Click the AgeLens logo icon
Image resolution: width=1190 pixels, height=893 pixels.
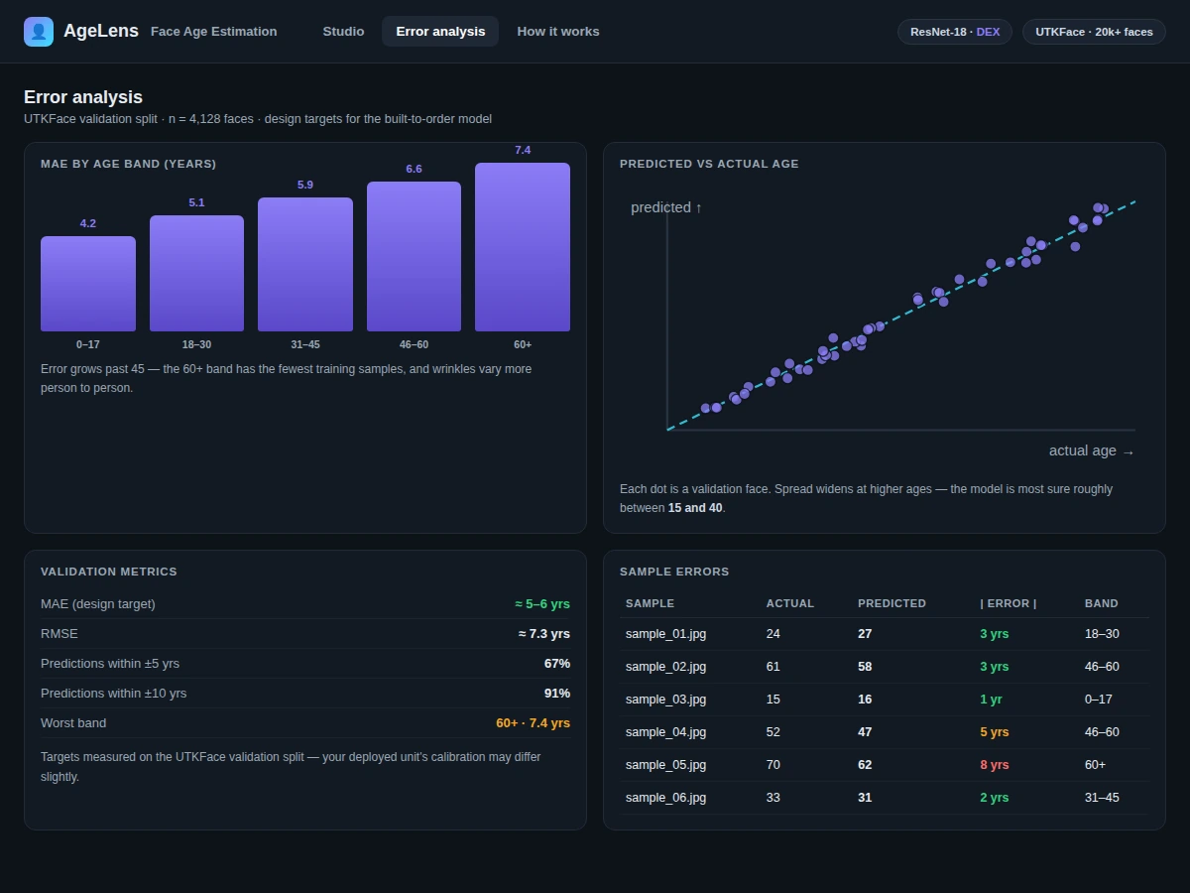pos(39,32)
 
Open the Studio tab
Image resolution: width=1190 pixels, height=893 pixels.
pos(343,32)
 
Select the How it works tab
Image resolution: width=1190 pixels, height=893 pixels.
pos(558,32)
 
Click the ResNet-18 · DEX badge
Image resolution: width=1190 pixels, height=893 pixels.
pos(955,32)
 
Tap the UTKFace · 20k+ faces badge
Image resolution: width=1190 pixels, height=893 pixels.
pos(1094,32)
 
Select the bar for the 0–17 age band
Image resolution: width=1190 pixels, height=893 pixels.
pos(88,284)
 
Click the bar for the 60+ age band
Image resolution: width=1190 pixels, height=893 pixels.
pos(522,247)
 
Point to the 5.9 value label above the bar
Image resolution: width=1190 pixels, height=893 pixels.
pos(305,185)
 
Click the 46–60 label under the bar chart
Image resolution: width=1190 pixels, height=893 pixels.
pos(414,345)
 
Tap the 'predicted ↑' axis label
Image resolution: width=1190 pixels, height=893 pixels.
pos(666,207)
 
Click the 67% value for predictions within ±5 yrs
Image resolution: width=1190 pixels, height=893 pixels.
pos(556,664)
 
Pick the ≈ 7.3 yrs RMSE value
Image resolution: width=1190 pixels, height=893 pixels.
pos(543,634)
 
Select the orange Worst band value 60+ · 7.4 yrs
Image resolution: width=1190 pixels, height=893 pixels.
pos(533,723)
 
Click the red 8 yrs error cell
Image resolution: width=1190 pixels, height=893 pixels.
pos(995,765)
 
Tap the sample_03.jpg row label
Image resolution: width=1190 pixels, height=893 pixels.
pos(665,700)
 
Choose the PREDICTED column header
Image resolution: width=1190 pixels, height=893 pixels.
pos(892,603)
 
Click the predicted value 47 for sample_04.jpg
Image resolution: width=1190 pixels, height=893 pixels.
pos(865,732)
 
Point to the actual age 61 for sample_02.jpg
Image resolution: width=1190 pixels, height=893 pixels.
pos(773,667)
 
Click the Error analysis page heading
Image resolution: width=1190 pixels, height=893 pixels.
pos(83,97)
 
